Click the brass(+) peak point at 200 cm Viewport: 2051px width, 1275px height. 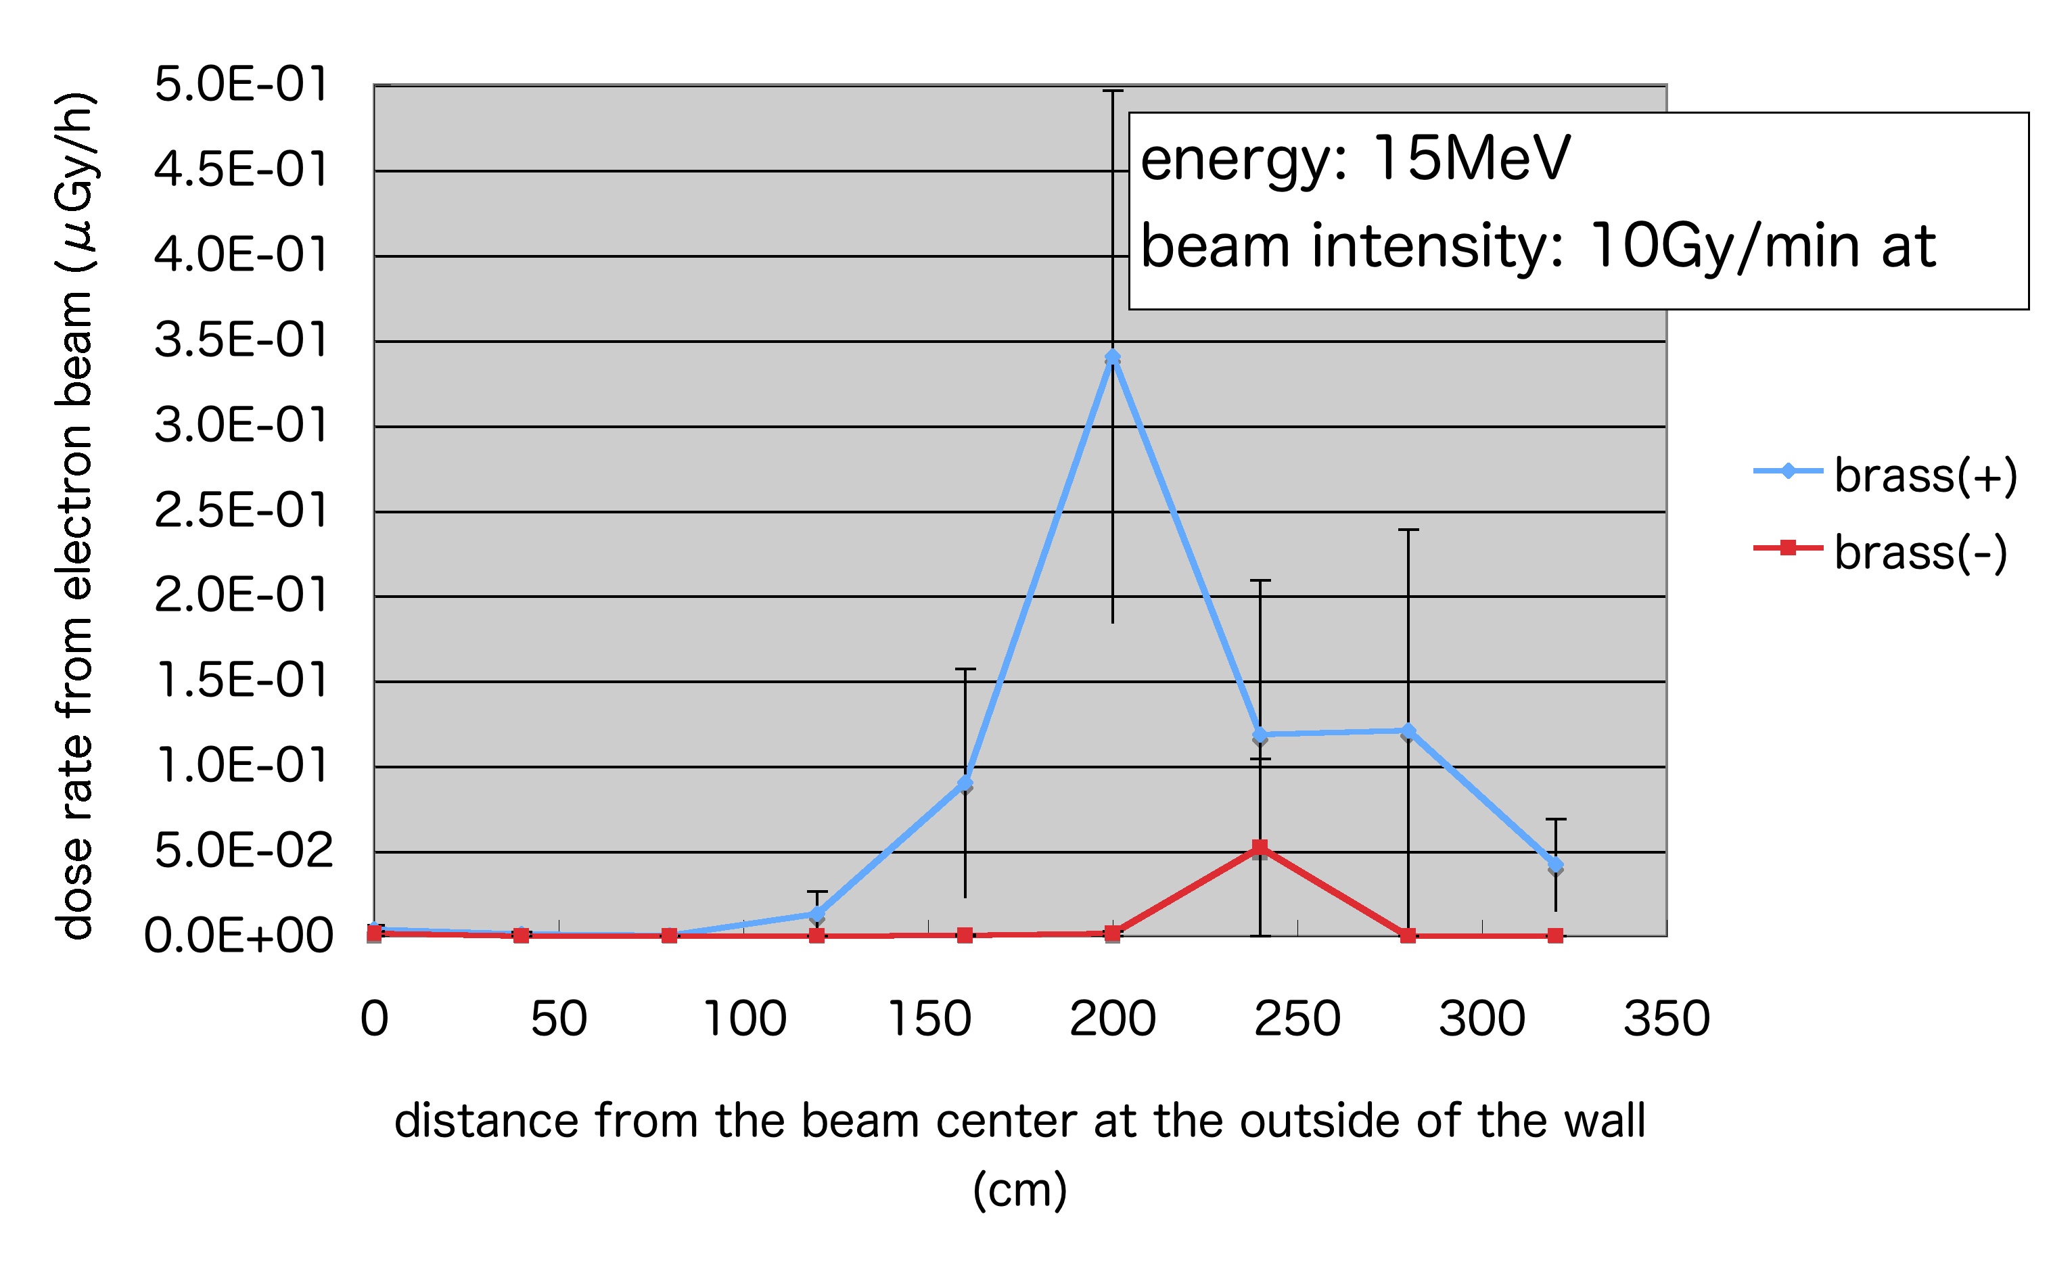tap(1112, 358)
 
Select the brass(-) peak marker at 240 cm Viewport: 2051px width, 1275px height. tap(1260, 847)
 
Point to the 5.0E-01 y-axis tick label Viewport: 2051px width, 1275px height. tap(240, 85)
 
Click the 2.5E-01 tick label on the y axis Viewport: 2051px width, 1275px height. tap(240, 510)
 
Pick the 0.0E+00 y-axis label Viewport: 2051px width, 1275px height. tap(239, 935)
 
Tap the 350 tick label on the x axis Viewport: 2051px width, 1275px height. tap(1667, 1018)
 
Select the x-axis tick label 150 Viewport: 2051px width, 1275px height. tap(929, 1018)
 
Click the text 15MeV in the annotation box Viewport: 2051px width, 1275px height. tap(1471, 158)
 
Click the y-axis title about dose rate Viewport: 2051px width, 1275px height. tap(76, 514)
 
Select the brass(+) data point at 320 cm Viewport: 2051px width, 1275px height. tap(1555, 865)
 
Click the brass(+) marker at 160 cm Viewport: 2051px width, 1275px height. tap(965, 783)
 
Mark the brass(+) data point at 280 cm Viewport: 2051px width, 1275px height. tap(1408, 731)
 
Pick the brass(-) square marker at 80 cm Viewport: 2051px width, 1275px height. tap(669, 935)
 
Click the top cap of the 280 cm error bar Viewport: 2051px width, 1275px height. tap(1408, 530)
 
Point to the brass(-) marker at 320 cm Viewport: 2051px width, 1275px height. tap(1555, 935)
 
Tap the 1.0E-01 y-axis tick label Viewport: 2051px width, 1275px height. tap(240, 766)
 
